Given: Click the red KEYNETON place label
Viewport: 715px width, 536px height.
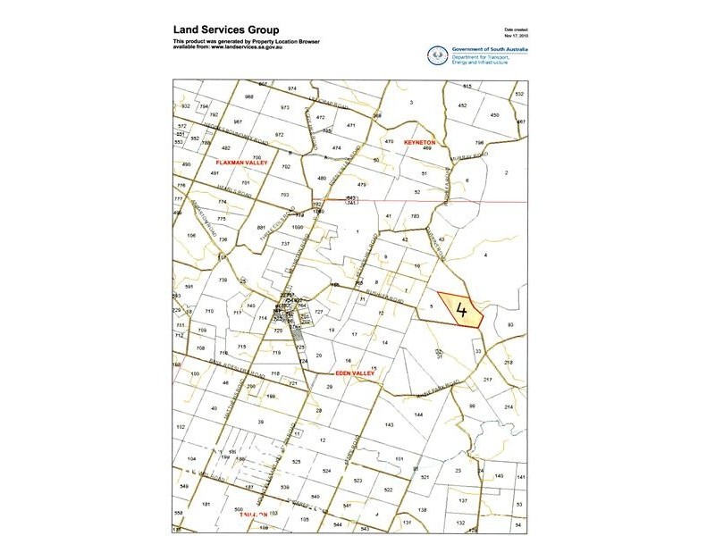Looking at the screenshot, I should click(x=418, y=142).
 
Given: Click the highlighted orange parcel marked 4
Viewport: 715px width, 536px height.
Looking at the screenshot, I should click(x=460, y=311).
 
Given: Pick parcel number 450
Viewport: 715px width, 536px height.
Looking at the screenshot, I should click(x=494, y=115).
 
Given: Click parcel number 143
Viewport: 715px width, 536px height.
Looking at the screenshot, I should click(x=389, y=424).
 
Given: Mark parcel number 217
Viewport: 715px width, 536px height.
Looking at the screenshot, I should click(x=488, y=381).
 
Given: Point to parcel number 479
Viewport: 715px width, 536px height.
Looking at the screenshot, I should click(x=362, y=184).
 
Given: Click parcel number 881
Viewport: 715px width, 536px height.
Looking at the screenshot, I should click(x=262, y=228).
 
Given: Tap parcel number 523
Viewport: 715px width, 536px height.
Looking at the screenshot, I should click(x=357, y=481).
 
